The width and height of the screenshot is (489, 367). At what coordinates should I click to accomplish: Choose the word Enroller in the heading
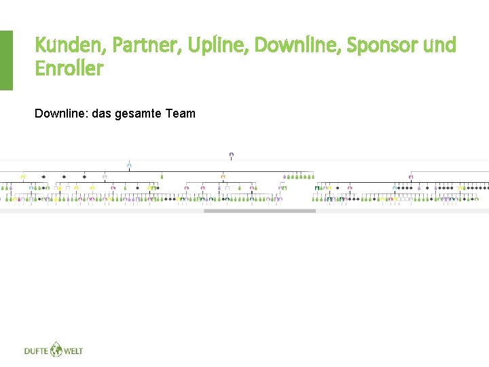coord(69,69)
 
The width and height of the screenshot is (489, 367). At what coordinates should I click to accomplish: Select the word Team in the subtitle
coord(180,113)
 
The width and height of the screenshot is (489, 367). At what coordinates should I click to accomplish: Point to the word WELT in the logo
coord(73,351)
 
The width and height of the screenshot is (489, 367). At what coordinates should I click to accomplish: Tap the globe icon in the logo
coord(54,349)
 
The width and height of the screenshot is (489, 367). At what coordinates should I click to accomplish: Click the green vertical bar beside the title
coord(6,60)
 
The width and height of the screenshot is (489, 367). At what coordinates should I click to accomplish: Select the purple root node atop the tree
coord(232,156)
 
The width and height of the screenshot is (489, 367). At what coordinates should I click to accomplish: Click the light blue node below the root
coord(129,164)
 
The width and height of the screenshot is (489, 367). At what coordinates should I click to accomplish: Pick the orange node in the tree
coord(223,176)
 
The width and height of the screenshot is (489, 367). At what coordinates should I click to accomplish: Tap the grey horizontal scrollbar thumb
coord(259,211)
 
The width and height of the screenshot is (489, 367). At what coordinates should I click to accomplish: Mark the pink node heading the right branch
coord(411,176)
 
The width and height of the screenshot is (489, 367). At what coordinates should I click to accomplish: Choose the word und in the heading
coord(439,46)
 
